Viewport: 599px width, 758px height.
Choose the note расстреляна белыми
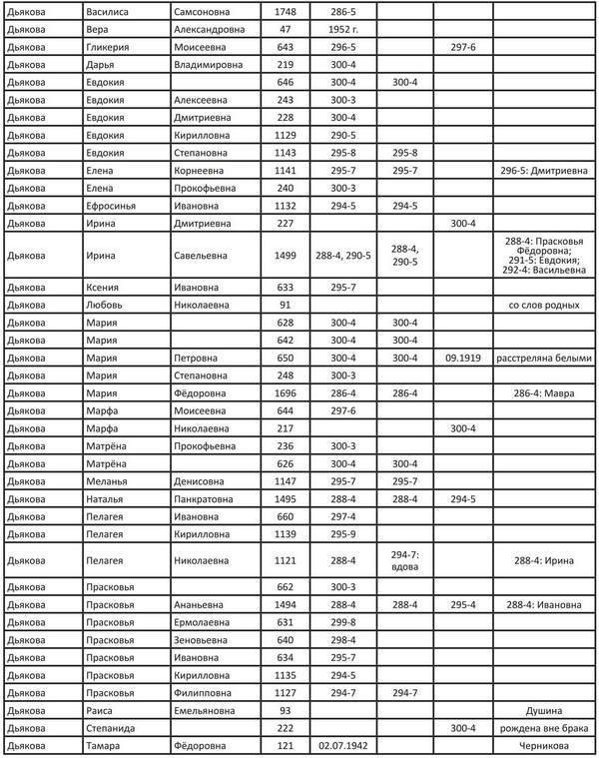pos(544,358)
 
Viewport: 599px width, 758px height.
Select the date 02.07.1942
pos(342,746)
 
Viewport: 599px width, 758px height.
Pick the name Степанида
pos(112,728)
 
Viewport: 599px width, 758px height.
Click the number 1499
pos(286,256)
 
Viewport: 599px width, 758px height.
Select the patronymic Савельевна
pos(207,256)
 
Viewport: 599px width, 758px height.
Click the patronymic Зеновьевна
pos(207,639)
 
